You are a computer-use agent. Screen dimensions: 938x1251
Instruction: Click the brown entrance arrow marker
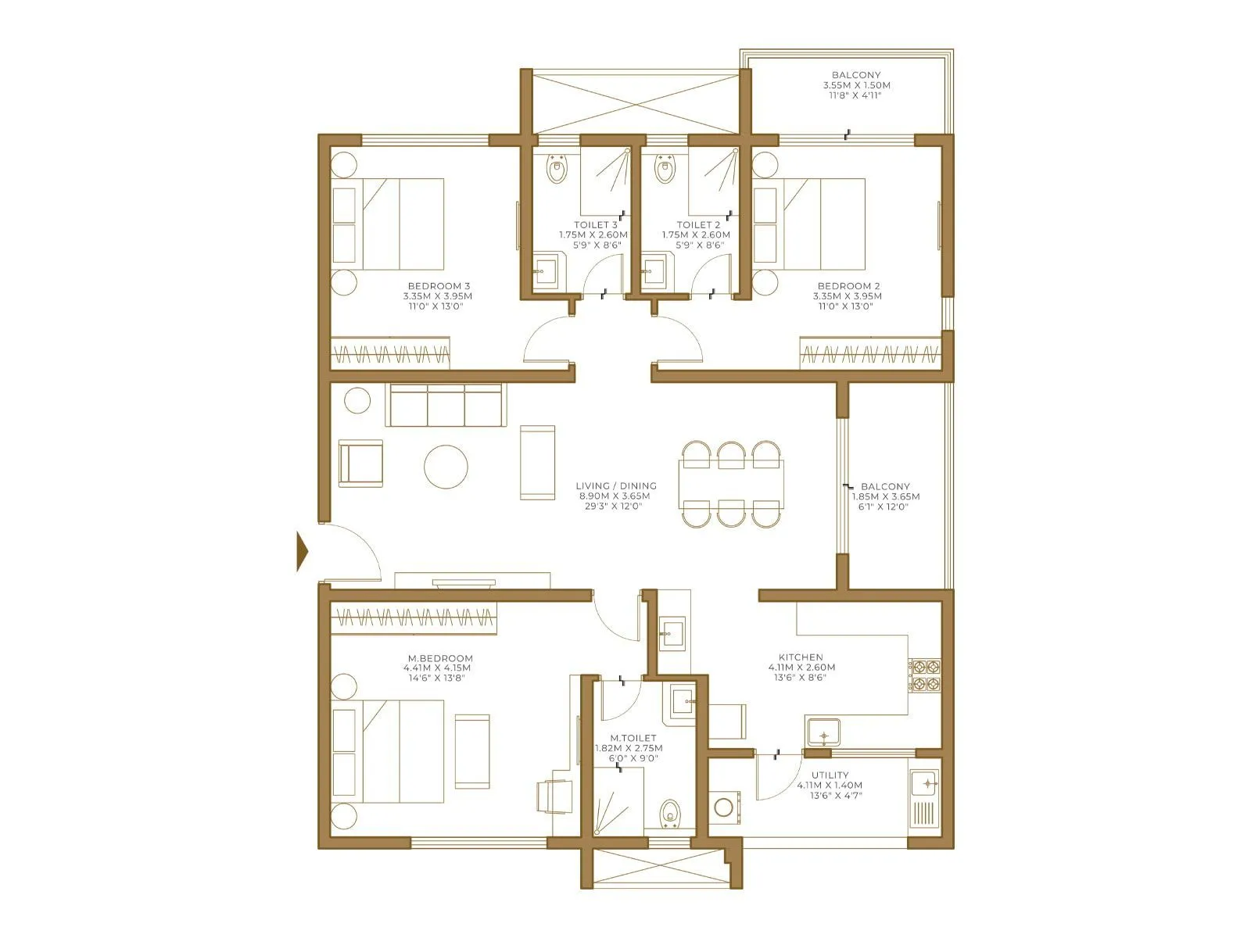(302, 552)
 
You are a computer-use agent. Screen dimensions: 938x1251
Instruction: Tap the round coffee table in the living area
(446, 467)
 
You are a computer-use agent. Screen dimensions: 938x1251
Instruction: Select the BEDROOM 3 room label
(438, 286)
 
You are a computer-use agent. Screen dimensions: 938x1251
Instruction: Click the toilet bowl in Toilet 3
(557, 170)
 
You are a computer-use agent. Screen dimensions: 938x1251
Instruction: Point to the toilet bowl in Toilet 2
(665, 170)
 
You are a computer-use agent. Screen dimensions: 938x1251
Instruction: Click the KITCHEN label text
(801, 657)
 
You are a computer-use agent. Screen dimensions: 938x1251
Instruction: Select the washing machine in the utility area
(724, 806)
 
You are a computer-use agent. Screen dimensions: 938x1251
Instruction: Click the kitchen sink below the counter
(823, 733)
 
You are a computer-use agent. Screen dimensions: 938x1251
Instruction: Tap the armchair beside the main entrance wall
(360, 464)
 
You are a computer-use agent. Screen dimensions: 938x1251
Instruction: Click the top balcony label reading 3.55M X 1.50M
(856, 85)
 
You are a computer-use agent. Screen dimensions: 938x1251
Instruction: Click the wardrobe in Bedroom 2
(869, 353)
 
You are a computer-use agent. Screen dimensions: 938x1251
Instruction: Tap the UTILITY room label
(830, 775)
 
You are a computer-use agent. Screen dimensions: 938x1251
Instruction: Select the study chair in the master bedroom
(553, 795)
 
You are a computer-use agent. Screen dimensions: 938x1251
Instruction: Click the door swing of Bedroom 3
(547, 342)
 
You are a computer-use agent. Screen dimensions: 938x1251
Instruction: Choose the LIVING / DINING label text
(616, 486)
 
